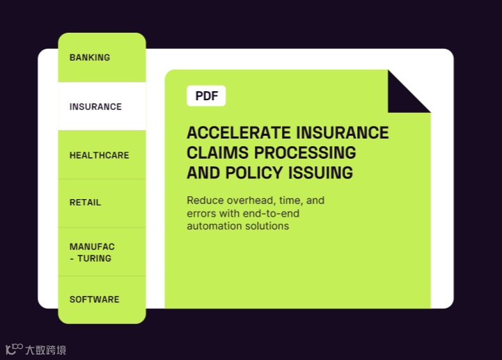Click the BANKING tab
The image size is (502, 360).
click(x=90, y=58)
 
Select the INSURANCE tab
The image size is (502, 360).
click(x=95, y=107)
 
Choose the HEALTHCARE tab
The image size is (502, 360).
click(x=99, y=155)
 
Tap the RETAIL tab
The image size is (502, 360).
click(x=85, y=203)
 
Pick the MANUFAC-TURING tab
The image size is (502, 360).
click(x=92, y=252)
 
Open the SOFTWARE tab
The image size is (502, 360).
click(x=94, y=299)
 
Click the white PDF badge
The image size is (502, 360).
click(x=206, y=96)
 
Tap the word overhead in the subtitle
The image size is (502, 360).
click(x=251, y=201)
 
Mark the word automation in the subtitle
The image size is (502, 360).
click(x=213, y=226)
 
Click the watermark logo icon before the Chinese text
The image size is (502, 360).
click(x=14, y=349)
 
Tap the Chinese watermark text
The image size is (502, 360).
click(x=46, y=350)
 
